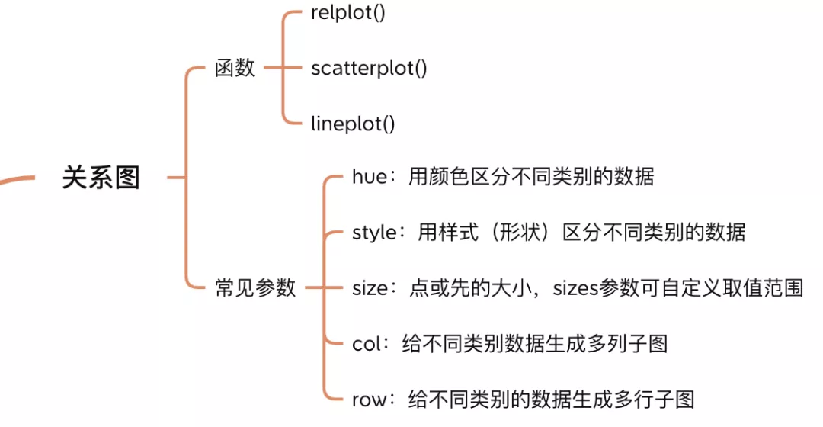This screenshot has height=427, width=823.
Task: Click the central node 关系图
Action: [101, 178]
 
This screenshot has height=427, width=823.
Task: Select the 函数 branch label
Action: [235, 69]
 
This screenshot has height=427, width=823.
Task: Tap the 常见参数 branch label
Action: [255, 288]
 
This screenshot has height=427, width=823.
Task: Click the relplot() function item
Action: [348, 14]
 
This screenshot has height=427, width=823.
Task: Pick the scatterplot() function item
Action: [369, 69]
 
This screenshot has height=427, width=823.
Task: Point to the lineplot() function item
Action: [353, 124]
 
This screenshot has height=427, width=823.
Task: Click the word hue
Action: [370, 177]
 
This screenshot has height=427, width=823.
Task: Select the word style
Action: [374, 232]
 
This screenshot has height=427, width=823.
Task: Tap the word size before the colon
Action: [370, 288]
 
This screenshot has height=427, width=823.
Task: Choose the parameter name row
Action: [370, 399]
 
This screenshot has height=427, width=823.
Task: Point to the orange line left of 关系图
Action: [17, 179]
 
